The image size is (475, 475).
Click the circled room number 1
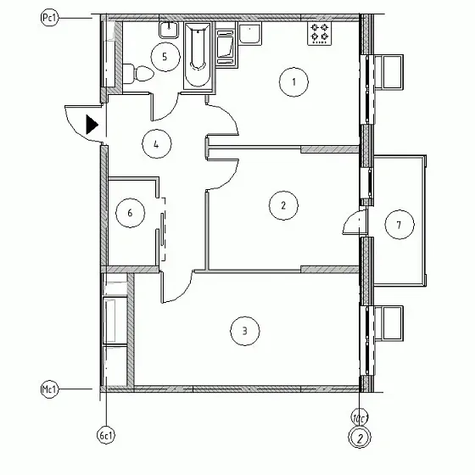(293, 81)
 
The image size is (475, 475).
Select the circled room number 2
(283, 205)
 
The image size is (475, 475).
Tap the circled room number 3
(245, 331)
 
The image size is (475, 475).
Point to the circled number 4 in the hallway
(157, 144)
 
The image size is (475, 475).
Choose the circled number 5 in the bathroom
(165, 57)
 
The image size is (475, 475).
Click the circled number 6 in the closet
(130, 213)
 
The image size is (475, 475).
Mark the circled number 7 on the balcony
(400, 225)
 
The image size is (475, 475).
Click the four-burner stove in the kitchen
(319, 33)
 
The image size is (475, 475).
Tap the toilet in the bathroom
(138, 73)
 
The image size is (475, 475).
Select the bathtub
(198, 56)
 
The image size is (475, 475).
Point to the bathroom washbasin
(169, 31)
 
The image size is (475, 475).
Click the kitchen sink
(250, 34)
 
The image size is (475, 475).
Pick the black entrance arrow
(92, 124)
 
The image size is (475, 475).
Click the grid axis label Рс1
(49, 18)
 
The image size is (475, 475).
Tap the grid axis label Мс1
(49, 389)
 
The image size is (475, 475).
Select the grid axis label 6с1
(106, 436)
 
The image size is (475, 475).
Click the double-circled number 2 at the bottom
(360, 438)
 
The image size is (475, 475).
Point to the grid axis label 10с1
(360, 418)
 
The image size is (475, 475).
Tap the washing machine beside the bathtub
(226, 47)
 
